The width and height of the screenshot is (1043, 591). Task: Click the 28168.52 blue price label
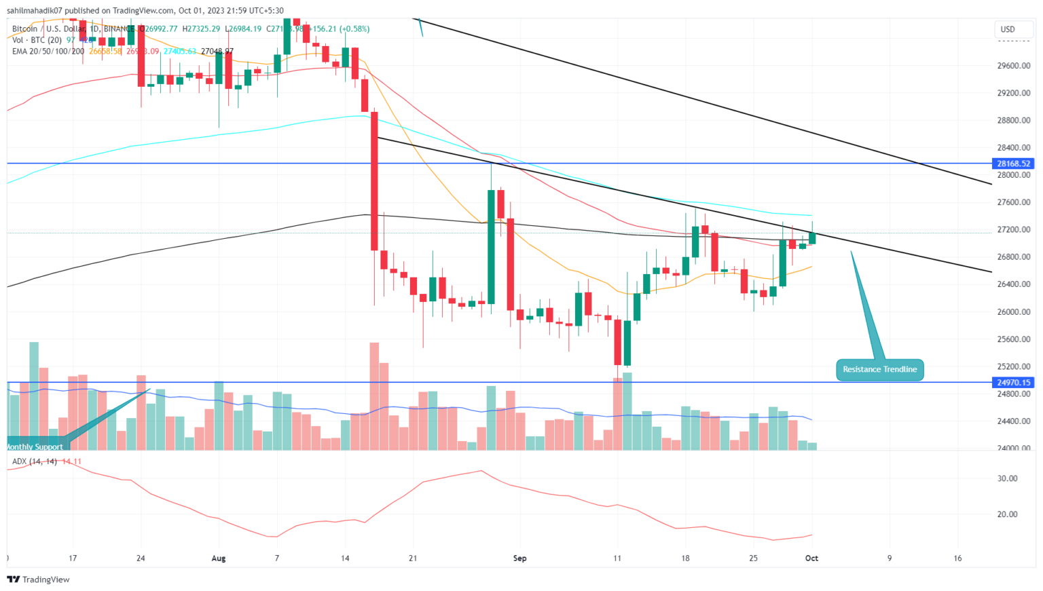1014,164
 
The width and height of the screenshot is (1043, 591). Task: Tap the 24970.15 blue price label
1014,383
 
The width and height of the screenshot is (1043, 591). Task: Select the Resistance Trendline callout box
879,370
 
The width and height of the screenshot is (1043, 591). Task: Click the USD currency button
1008,29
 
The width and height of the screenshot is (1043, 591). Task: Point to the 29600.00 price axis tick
1014,66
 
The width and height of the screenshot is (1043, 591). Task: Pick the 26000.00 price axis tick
1014,312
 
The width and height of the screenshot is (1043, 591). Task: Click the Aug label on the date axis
219,558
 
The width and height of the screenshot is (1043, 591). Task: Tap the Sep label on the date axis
519,558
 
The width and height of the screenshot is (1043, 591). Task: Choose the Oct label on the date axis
811,558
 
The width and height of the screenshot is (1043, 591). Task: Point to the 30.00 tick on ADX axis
1008,478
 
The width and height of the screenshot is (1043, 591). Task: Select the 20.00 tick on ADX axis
1008,514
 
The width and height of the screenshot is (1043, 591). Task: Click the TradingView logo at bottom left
39,579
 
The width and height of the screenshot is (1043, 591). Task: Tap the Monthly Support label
35,446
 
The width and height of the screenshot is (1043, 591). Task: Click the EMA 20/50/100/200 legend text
48,51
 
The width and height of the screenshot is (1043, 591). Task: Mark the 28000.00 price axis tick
1014,175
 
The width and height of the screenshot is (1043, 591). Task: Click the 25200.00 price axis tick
1014,366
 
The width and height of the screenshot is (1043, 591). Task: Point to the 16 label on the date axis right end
957,558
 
